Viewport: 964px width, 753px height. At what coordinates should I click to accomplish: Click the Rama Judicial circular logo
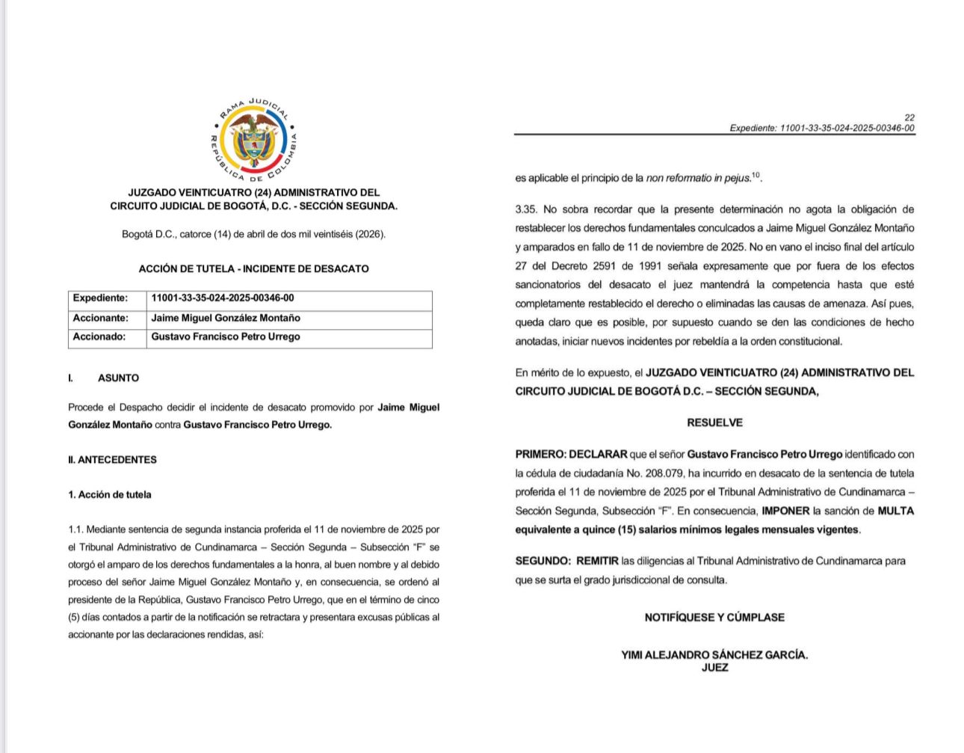pyautogui.click(x=254, y=141)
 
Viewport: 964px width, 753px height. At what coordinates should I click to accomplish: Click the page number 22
pyautogui.click(x=909, y=117)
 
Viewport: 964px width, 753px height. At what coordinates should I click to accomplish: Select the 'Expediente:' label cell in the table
pyautogui.click(x=100, y=298)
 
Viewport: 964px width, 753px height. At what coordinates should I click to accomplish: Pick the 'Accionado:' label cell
pyautogui.click(x=99, y=337)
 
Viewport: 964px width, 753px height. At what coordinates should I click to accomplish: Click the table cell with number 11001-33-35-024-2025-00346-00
pyautogui.click(x=223, y=298)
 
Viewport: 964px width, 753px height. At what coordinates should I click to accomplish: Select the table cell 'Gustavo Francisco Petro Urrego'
pyautogui.click(x=226, y=337)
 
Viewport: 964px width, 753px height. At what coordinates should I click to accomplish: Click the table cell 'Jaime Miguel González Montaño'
pyautogui.click(x=226, y=318)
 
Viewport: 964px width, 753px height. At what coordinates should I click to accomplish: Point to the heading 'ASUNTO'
pyautogui.click(x=118, y=378)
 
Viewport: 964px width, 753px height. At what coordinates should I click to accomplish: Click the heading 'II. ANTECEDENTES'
pyautogui.click(x=112, y=460)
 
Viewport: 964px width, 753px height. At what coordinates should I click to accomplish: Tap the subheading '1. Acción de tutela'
pyautogui.click(x=110, y=495)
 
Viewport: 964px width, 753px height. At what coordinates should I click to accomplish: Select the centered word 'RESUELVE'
pyautogui.click(x=714, y=423)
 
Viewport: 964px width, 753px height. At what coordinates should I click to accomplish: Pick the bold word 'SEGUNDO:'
pyautogui.click(x=543, y=561)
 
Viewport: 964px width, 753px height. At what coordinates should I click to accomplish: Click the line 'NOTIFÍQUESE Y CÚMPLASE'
pyautogui.click(x=714, y=618)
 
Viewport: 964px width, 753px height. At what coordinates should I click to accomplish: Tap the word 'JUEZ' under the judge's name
pyautogui.click(x=714, y=668)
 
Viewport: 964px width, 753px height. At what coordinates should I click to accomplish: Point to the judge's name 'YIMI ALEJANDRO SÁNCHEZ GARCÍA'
pyautogui.click(x=714, y=655)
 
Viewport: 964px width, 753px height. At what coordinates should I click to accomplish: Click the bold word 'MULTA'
pyautogui.click(x=895, y=511)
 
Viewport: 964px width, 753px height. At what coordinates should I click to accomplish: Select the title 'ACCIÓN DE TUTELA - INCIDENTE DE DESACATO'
pyautogui.click(x=253, y=269)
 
